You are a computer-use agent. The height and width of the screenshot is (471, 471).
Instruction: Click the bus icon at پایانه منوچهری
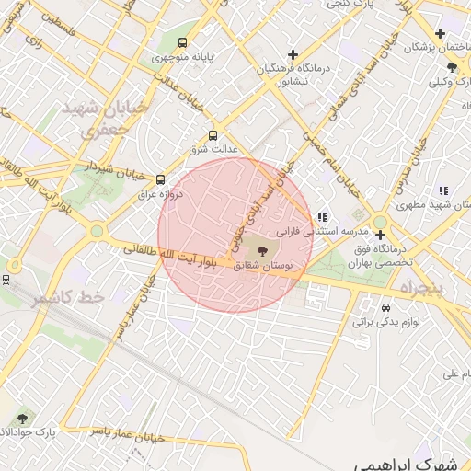point(182,42)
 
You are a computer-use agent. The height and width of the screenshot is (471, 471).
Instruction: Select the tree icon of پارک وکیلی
point(452,67)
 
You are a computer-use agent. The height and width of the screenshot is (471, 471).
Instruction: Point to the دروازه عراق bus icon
point(161,179)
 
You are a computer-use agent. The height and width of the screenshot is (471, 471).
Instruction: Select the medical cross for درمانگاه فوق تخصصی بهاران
point(380,235)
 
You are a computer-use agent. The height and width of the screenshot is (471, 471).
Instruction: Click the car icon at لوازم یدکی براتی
point(386,308)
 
